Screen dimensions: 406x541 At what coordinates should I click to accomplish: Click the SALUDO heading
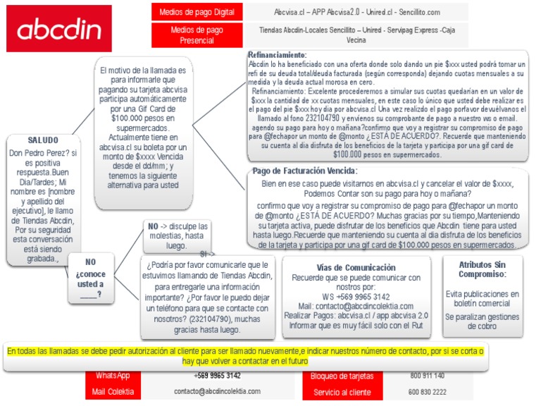tap(43, 140)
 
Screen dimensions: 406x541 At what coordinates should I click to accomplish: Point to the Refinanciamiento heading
tap(278, 55)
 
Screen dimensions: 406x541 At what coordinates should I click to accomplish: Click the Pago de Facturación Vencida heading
tap(304, 171)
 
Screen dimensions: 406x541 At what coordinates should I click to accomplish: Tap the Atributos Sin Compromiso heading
tap(482, 269)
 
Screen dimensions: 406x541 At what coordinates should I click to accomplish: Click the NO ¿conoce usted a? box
tap(90, 278)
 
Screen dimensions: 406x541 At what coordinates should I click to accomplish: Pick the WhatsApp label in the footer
tap(113, 376)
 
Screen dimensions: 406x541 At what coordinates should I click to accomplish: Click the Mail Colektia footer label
tap(113, 391)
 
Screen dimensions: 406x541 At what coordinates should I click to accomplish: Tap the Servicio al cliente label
tap(342, 392)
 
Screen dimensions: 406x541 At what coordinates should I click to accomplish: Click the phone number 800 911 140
tap(427, 376)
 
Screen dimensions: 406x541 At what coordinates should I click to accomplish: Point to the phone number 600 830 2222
tap(428, 392)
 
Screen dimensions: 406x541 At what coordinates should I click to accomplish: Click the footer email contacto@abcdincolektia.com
tap(217, 391)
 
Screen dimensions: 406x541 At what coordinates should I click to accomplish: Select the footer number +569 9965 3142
tap(217, 376)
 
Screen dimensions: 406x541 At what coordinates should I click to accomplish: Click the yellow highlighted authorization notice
tap(245, 355)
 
